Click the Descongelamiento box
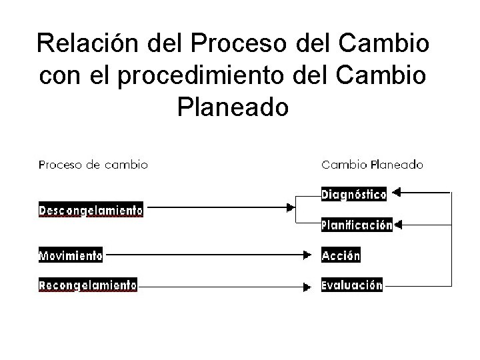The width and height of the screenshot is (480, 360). [91, 210]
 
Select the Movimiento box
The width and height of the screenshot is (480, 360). [70, 255]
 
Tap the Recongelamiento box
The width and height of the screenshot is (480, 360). [88, 285]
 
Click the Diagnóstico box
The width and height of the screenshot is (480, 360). [353, 195]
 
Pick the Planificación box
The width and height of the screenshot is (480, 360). [357, 225]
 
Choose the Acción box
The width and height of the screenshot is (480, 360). [341, 255]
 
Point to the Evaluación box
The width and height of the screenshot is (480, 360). [352, 285]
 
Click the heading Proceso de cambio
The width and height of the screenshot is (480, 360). [93, 164]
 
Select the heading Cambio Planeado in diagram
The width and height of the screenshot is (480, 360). [372, 164]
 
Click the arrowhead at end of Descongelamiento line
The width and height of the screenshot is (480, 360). [291, 209]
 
